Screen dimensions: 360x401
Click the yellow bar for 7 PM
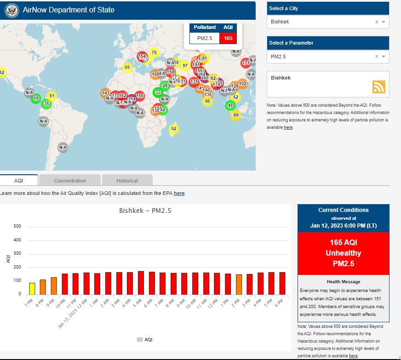click(32, 288)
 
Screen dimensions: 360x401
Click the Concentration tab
click(70, 181)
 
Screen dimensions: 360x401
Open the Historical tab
click(127, 181)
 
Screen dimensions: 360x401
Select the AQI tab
click(18, 181)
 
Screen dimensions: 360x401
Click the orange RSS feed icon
click(379, 87)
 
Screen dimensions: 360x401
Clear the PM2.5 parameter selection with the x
click(377, 57)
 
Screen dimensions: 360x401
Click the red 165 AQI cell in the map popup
click(228, 38)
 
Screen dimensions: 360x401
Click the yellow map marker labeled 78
click(154, 52)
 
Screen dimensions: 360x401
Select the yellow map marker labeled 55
click(127, 68)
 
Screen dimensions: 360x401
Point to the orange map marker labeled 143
click(105, 93)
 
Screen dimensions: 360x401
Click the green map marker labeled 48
click(230, 105)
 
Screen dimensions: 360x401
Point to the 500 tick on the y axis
click(17, 226)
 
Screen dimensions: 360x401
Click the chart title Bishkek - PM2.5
click(145, 211)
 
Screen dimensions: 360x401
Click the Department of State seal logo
click(12, 10)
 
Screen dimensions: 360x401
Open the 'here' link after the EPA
click(179, 194)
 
